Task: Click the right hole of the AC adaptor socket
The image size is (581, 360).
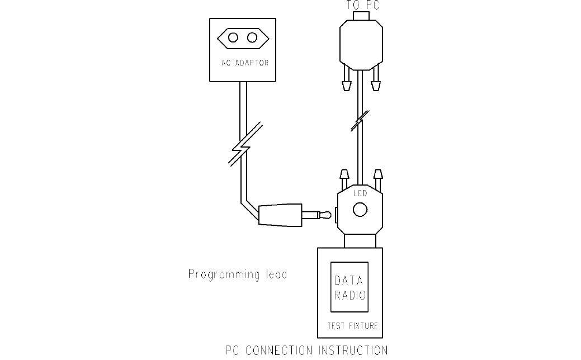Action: click(253, 37)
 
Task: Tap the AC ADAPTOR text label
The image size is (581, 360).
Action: click(244, 63)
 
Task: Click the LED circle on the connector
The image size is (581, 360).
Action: click(360, 210)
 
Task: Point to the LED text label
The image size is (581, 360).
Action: click(360, 193)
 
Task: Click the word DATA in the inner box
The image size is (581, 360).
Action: click(349, 281)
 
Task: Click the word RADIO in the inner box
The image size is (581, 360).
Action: click(349, 295)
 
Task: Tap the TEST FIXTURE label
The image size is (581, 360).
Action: click(352, 325)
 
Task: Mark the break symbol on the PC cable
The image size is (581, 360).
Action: click(360, 120)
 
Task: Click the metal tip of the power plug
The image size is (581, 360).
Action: click(322, 214)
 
